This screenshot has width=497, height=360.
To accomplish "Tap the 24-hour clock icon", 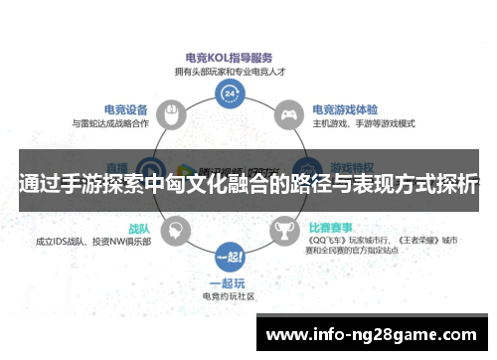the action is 230,93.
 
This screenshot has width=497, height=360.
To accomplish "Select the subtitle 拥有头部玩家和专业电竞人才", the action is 230,71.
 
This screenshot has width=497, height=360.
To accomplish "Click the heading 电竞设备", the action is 126,109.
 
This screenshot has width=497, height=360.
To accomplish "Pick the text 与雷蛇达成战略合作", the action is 110,123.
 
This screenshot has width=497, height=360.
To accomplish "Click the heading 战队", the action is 136,228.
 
